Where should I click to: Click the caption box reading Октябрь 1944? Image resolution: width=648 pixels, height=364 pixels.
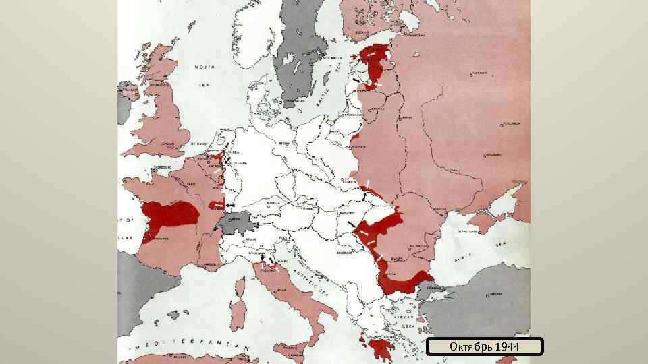point(485,346)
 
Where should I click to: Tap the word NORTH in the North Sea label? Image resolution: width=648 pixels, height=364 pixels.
point(205,67)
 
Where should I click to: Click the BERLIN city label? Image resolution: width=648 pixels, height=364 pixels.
point(285,144)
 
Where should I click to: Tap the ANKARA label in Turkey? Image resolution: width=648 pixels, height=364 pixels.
point(495,294)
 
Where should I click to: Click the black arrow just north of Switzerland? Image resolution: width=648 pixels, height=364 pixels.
point(230,204)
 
